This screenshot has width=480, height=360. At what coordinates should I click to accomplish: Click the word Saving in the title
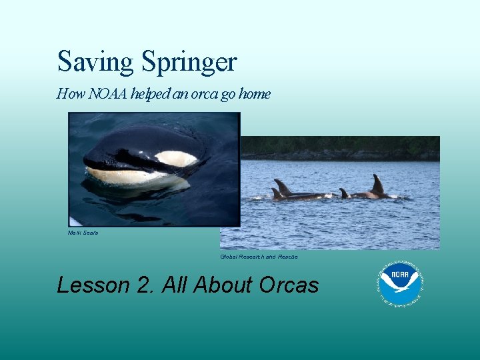point(95,63)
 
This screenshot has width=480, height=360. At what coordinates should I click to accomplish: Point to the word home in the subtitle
point(255,94)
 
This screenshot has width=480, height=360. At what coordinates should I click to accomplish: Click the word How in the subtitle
point(67,94)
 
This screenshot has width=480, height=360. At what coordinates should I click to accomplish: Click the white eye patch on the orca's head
point(175,158)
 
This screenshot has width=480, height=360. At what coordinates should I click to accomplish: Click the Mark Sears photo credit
point(83,233)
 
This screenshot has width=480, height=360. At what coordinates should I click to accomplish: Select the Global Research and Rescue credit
point(259,257)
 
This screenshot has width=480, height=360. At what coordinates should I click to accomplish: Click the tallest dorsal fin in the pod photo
point(378,184)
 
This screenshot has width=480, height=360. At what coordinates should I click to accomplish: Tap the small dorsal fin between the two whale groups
point(344,193)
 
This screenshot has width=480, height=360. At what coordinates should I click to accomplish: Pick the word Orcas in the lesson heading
point(289,285)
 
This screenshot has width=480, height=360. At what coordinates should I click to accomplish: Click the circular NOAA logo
point(401,283)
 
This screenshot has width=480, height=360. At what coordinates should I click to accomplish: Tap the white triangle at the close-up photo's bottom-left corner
point(74,222)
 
